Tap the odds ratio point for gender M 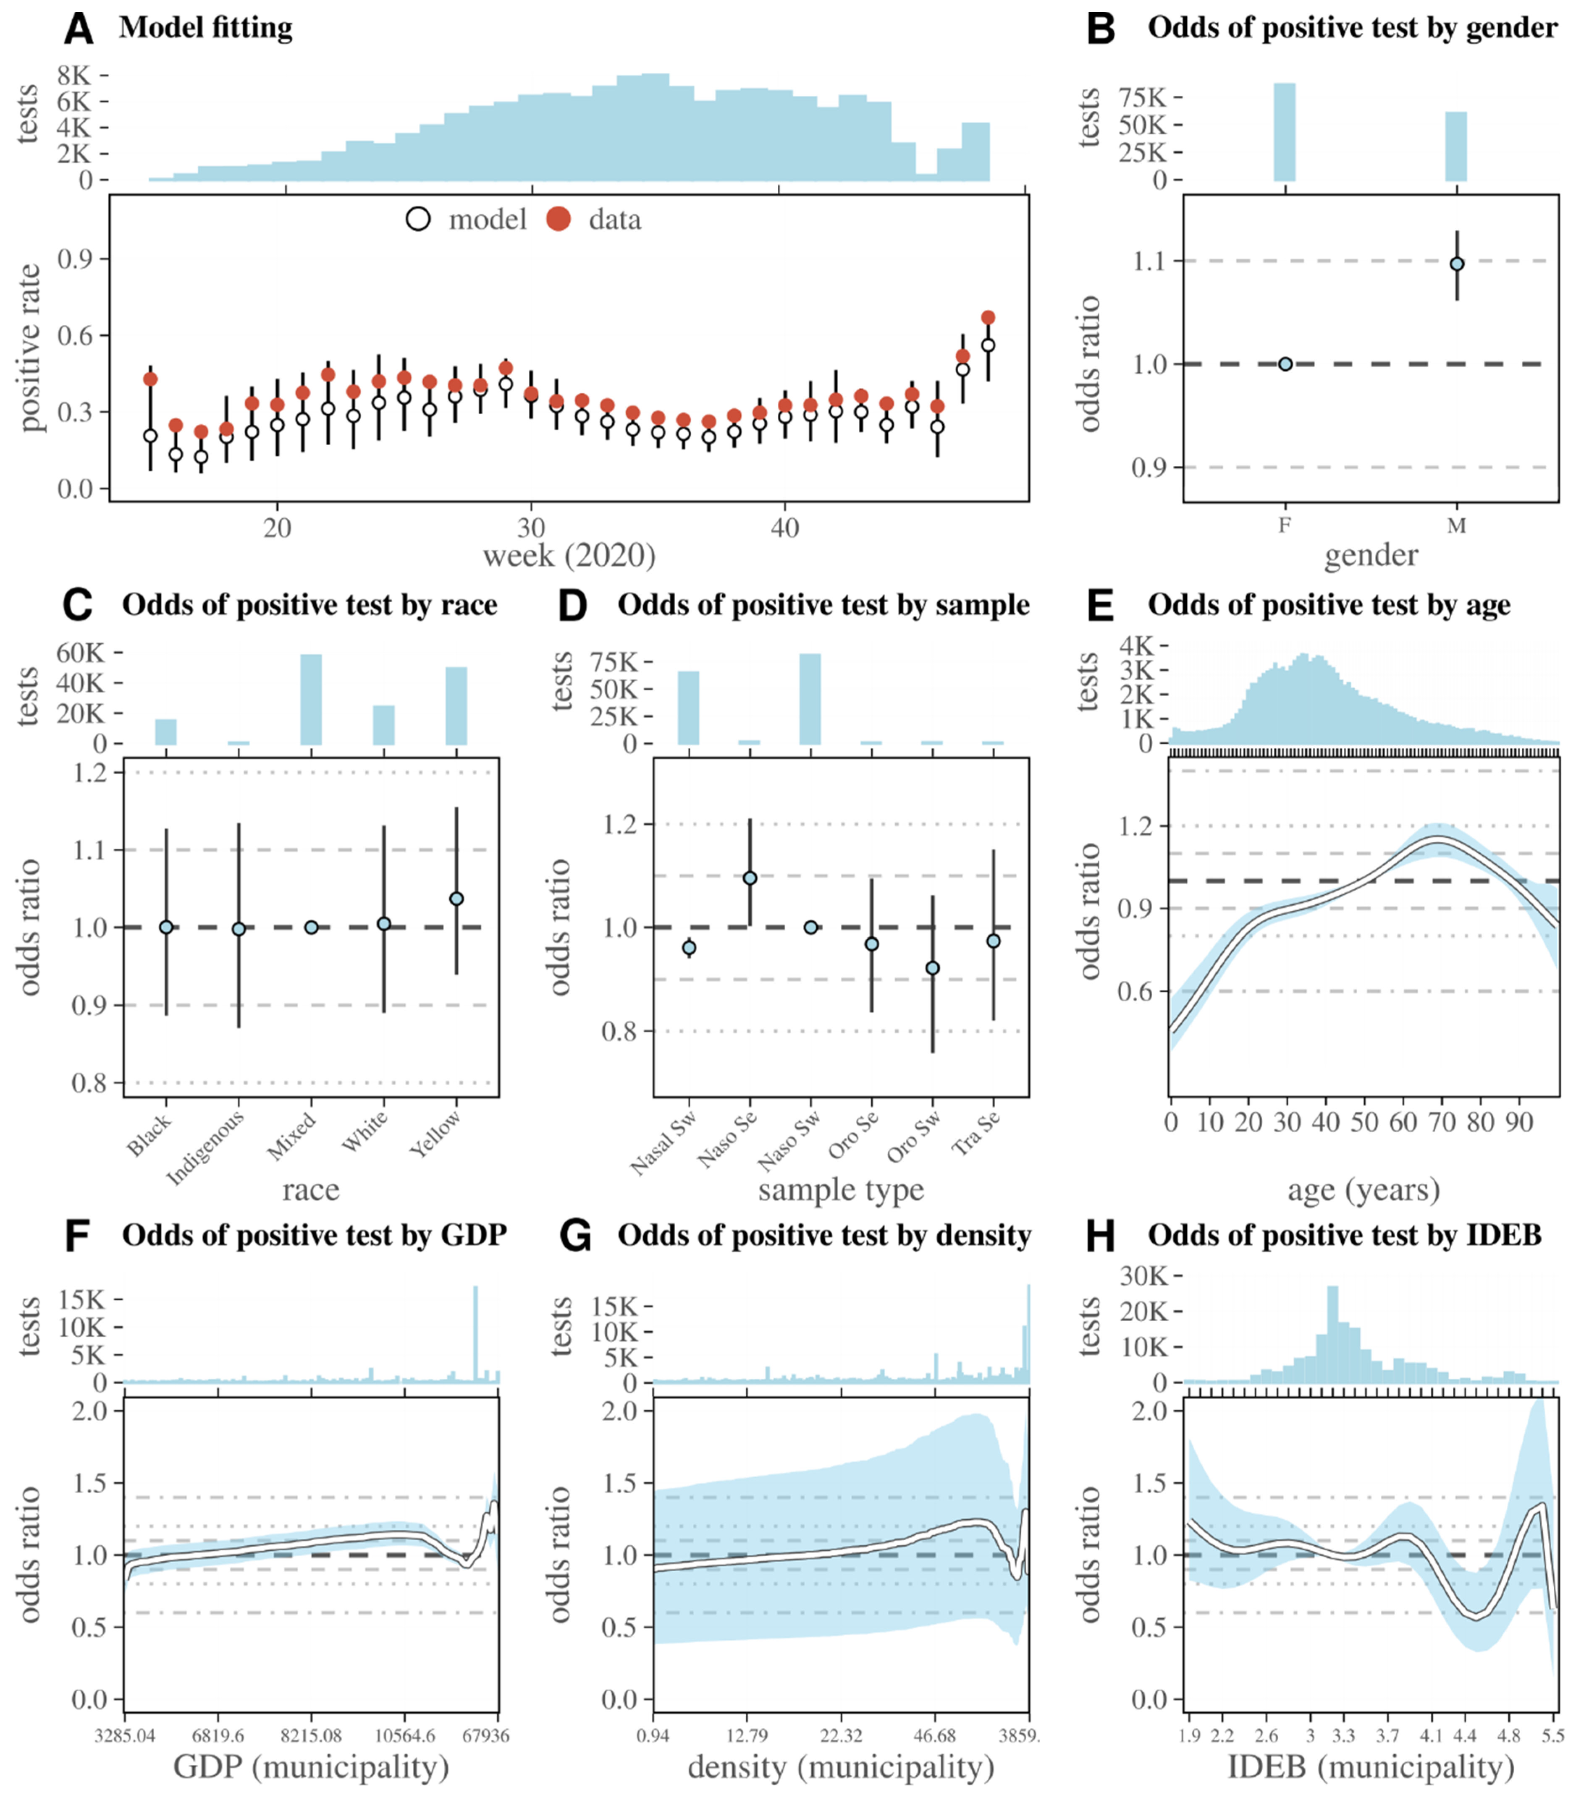(1456, 264)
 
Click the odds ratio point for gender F (1285, 363)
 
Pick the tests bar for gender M (1456, 146)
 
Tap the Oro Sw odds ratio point (933, 968)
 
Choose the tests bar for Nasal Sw (689, 708)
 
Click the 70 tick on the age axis (1442, 1122)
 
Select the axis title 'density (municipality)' (841, 1768)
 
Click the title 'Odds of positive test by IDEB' (1344, 1236)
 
